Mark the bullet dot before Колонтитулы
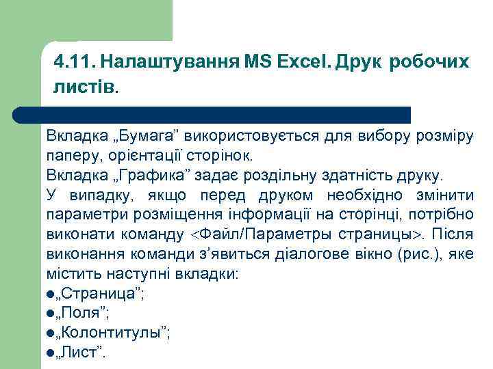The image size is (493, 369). (x=50, y=334)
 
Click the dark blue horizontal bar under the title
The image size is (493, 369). (x=226, y=113)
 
